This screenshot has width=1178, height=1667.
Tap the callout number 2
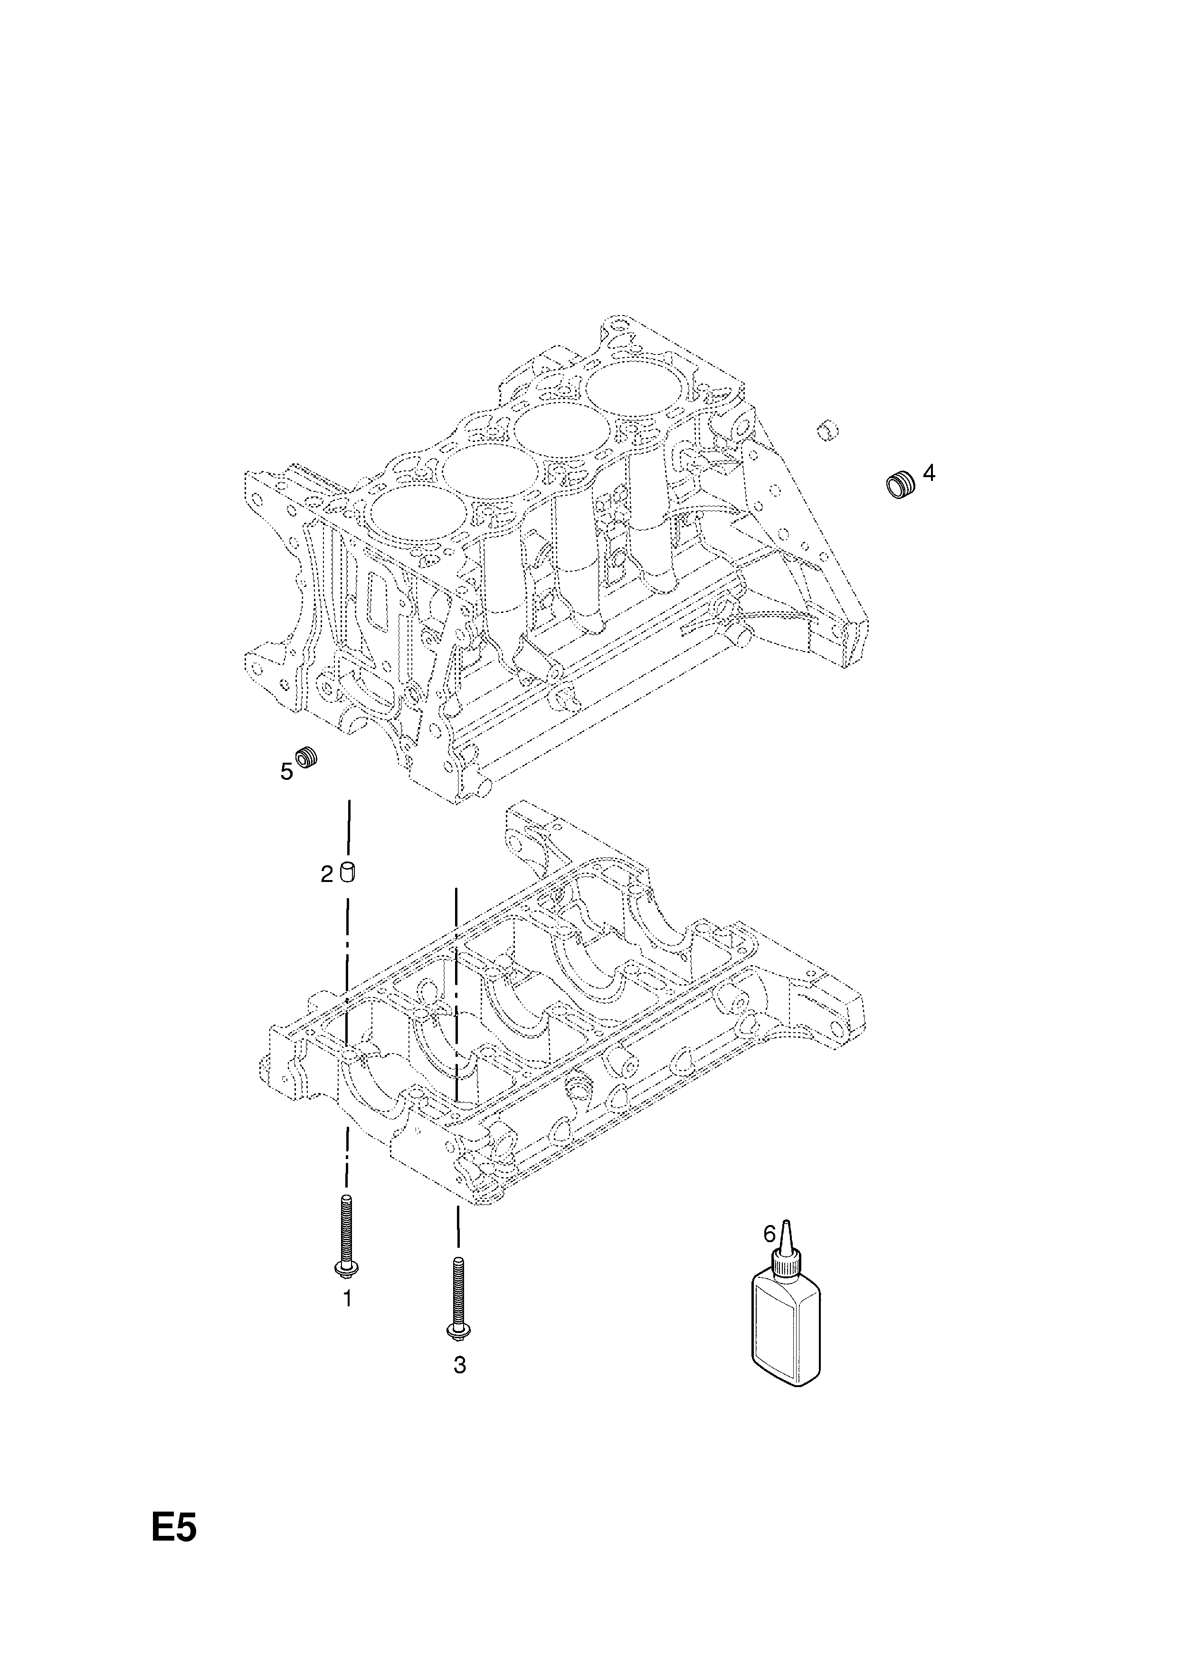point(327,874)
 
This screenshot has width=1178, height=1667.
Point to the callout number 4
point(929,473)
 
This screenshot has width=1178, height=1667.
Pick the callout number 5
point(287,772)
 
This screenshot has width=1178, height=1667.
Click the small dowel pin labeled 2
point(348,873)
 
